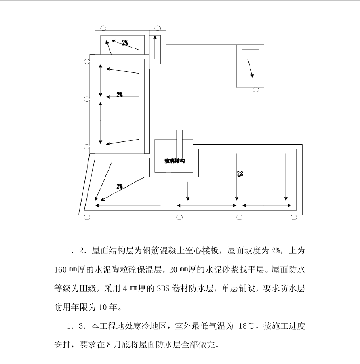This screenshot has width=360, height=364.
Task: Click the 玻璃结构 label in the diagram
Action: (x=175, y=161)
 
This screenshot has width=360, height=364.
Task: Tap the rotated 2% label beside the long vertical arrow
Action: (x=240, y=173)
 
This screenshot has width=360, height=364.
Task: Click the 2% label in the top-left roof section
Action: (x=125, y=43)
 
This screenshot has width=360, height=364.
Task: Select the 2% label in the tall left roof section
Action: (x=120, y=95)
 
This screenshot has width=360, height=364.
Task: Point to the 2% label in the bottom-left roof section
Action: (x=120, y=186)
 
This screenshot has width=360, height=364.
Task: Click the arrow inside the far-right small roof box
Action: (x=250, y=68)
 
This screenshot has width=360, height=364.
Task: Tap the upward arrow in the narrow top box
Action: (x=155, y=47)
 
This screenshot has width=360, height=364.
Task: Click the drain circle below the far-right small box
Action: (x=256, y=90)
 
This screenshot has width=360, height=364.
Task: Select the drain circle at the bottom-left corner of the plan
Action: (x=87, y=217)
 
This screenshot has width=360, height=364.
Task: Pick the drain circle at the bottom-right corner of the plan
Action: (x=294, y=217)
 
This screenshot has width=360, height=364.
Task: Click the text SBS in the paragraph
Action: (x=164, y=288)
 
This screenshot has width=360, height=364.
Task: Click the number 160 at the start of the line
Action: (x=60, y=270)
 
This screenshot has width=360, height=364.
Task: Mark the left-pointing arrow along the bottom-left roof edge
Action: (x=128, y=206)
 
